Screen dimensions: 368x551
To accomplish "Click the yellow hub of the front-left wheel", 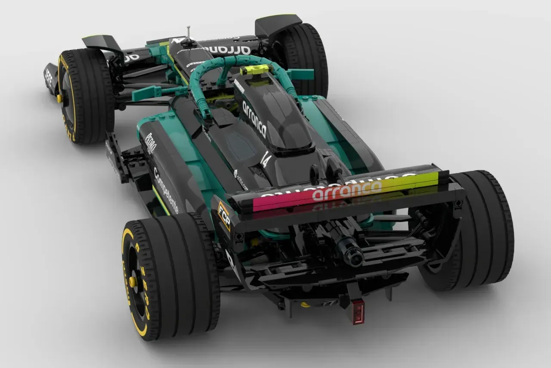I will point(59,98).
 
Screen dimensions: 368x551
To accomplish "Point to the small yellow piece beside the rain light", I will point(305,305).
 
